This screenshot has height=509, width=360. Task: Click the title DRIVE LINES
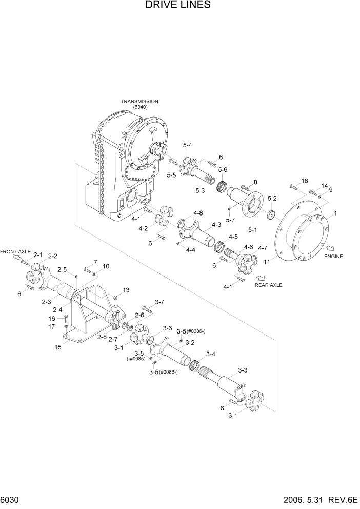[178, 6]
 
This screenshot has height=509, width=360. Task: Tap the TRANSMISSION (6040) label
[139, 104]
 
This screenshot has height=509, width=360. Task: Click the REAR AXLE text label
[268, 285]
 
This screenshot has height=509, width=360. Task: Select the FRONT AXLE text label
[15, 252]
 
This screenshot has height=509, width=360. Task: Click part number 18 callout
[304, 181]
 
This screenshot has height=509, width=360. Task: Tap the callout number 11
[267, 262]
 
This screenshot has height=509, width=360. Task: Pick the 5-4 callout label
[187, 146]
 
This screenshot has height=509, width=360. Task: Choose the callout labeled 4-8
[198, 213]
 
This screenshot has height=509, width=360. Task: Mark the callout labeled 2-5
[63, 269]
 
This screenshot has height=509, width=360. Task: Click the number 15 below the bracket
[58, 347]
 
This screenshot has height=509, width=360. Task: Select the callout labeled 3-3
[243, 370]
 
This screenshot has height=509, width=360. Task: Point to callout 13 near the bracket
[126, 290]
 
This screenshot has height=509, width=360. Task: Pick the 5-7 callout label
[230, 219]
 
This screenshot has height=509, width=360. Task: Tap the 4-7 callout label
[262, 248]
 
